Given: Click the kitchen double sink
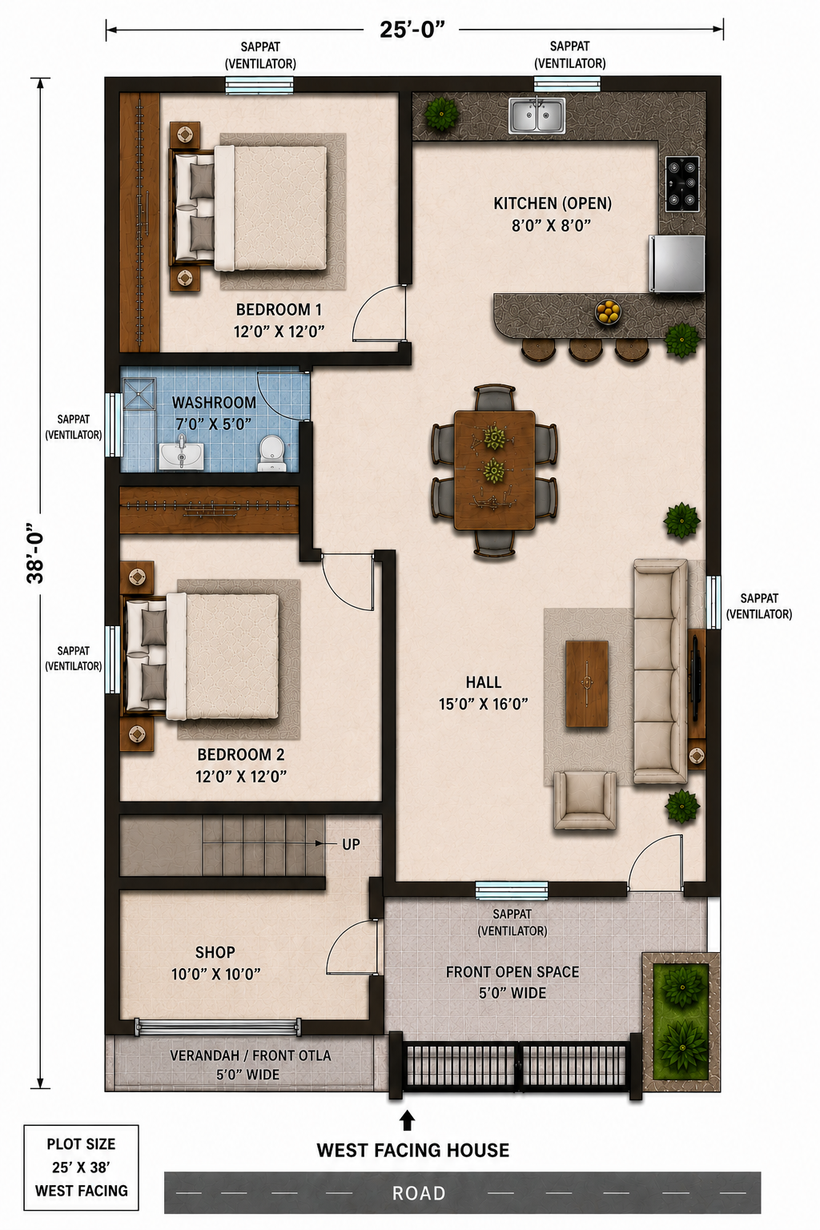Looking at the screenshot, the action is [537, 115].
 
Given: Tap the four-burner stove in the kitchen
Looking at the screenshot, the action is [683, 184].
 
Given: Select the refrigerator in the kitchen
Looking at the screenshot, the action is [677, 264].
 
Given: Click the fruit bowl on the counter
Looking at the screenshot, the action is [609, 312].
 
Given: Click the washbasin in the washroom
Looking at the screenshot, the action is [181, 452].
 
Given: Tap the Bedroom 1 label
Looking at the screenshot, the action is [279, 320].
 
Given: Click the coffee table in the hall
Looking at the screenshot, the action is [587, 684].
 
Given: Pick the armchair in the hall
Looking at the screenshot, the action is [585, 800].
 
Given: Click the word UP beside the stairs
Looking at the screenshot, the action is [351, 845].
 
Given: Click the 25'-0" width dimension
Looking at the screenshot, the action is [412, 29].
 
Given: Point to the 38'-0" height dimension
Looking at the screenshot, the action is [36, 552].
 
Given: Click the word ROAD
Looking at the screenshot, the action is [419, 1192].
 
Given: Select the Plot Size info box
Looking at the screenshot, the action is [82, 1166].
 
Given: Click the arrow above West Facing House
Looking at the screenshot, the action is [407, 1120].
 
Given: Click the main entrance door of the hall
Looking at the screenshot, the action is [656, 862].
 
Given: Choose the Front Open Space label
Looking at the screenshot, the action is [512, 983].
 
